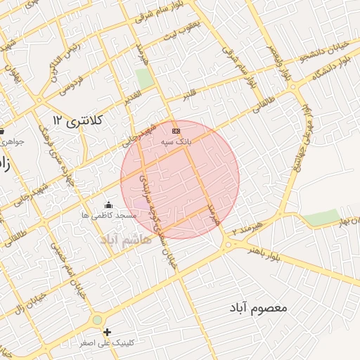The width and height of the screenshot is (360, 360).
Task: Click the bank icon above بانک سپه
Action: pos(176,131)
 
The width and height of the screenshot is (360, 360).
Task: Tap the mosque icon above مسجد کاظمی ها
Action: pos(108,205)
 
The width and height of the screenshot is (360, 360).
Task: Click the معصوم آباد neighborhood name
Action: pos(259,308)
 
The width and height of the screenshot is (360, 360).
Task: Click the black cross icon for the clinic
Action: pos(107,332)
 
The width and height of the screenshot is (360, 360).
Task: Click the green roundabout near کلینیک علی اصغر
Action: pos(96,321)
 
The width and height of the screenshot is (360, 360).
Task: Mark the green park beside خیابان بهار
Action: pos(321,218)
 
